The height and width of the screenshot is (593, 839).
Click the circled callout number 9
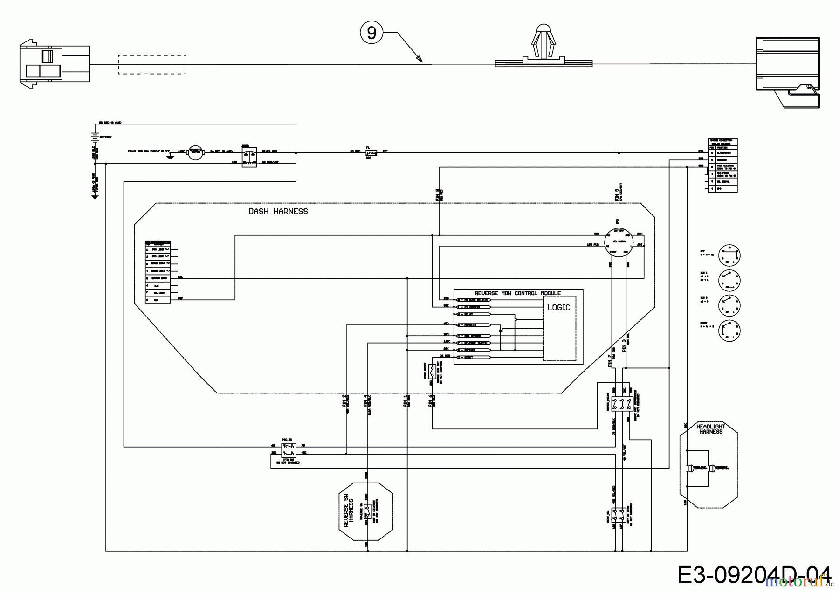371,33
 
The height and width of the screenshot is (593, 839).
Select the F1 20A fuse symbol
371,152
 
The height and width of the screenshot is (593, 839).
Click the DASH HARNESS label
278,211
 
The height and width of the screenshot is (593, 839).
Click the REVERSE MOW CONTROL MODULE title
517,293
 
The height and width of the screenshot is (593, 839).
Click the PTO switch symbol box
289,449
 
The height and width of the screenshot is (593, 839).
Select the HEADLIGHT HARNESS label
710,429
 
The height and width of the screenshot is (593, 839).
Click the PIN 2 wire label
344,401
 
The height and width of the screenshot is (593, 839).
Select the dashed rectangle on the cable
151,64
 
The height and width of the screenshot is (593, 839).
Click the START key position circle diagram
729,331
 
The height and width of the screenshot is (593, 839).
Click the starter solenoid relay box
249,156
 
